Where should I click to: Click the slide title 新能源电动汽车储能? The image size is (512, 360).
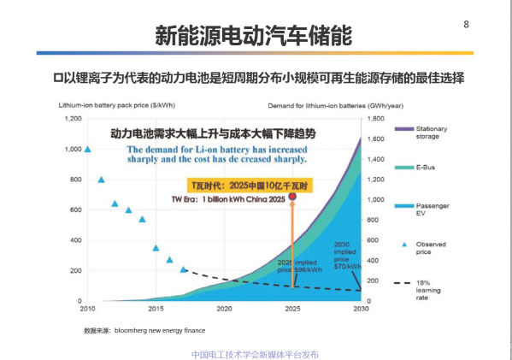[x=253, y=36]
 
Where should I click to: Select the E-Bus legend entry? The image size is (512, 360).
[x=427, y=168]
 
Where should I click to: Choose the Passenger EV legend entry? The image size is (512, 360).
[x=432, y=210]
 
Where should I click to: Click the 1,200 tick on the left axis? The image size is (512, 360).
[x=71, y=119]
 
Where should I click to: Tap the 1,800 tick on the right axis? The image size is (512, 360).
[x=376, y=119]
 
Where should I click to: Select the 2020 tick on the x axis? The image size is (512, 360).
[x=224, y=309]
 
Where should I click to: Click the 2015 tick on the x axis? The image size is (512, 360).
[x=156, y=309]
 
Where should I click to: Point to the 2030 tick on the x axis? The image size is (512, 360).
[x=361, y=309]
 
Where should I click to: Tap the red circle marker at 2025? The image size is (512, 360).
[x=293, y=197]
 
